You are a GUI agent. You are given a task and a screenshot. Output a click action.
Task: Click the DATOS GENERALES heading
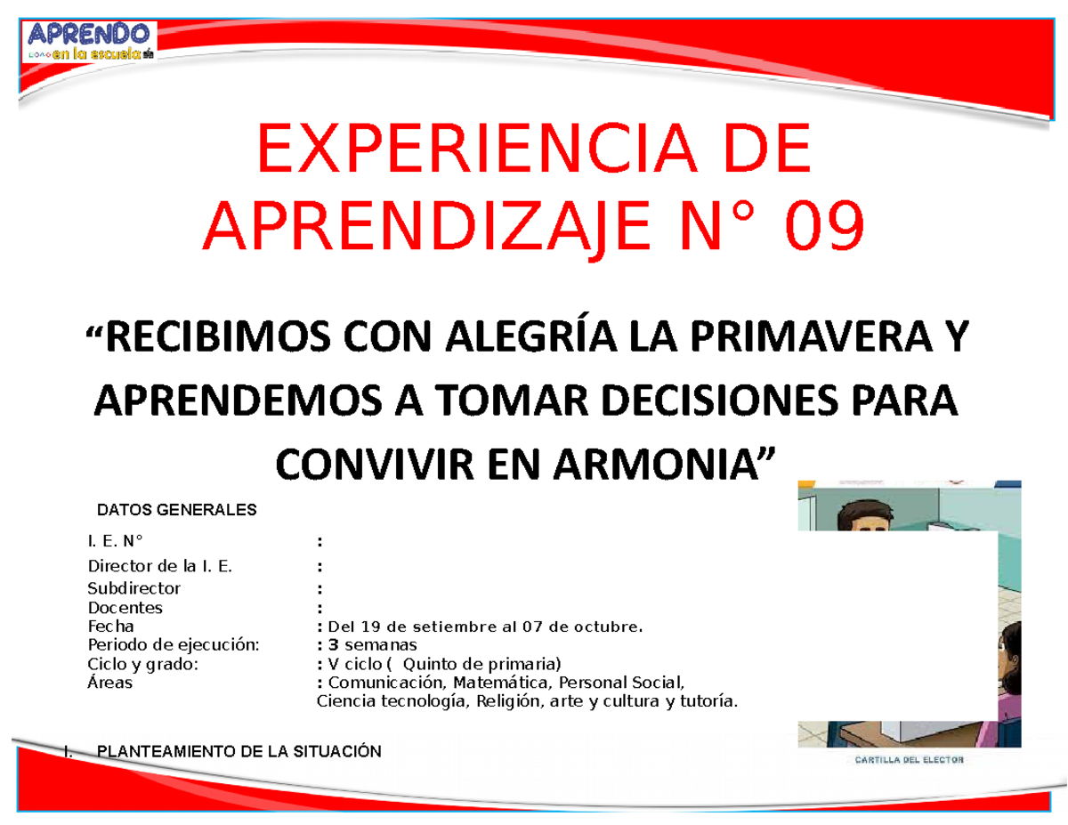point(176,510)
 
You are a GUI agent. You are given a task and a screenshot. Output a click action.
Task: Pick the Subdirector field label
point(133,588)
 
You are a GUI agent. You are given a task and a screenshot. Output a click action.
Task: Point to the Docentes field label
point(125,608)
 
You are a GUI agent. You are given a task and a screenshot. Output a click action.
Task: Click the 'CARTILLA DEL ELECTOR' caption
point(909,760)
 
